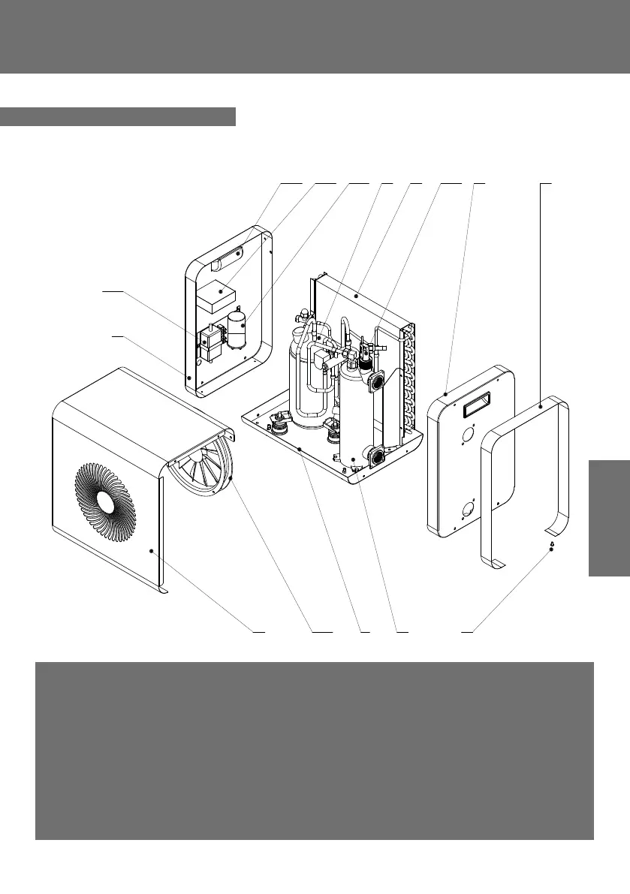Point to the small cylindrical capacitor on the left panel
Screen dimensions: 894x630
pyautogui.click(x=237, y=330)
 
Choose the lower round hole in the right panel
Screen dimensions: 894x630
pyautogui.click(x=467, y=510)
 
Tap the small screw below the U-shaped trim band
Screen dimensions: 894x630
pyautogui.click(x=552, y=549)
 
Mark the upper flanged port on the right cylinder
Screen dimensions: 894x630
pyautogui.click(x=375, y=379)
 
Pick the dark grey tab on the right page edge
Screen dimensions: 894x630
pyautogui.click(x=609, y=518)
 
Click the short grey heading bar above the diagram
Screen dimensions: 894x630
pyautogui.click(x=118, y=117)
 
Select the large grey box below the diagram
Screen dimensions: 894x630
pyautogui.click(x=315, y=751)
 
